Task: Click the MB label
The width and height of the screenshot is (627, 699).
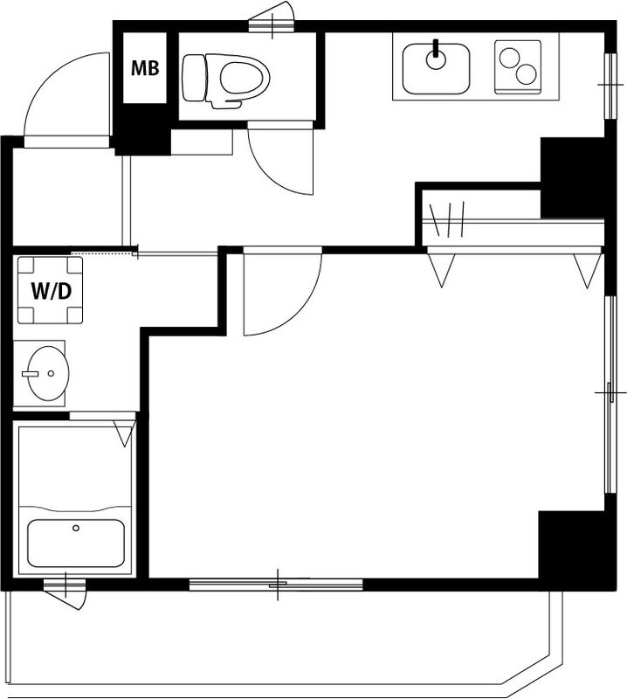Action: coord(145,68)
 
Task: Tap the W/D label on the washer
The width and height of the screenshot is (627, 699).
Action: coord(52,291)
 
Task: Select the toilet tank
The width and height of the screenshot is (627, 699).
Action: coord(194,78)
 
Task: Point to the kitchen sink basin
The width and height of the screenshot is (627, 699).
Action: coord(436,69)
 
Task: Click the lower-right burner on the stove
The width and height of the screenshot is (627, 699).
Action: coord(527,74)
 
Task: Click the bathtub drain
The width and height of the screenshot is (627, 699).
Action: coord(76,528)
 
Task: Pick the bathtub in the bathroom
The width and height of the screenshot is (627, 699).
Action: coord(76,543)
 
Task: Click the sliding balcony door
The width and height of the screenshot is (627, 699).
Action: coord(276,584)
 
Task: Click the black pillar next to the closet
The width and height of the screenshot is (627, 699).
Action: coord(572,177)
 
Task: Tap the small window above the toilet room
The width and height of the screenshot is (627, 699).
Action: coord(272,26)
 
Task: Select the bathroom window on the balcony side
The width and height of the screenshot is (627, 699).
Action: coord(65,585)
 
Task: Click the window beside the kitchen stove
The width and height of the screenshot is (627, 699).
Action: coord(610,86)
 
